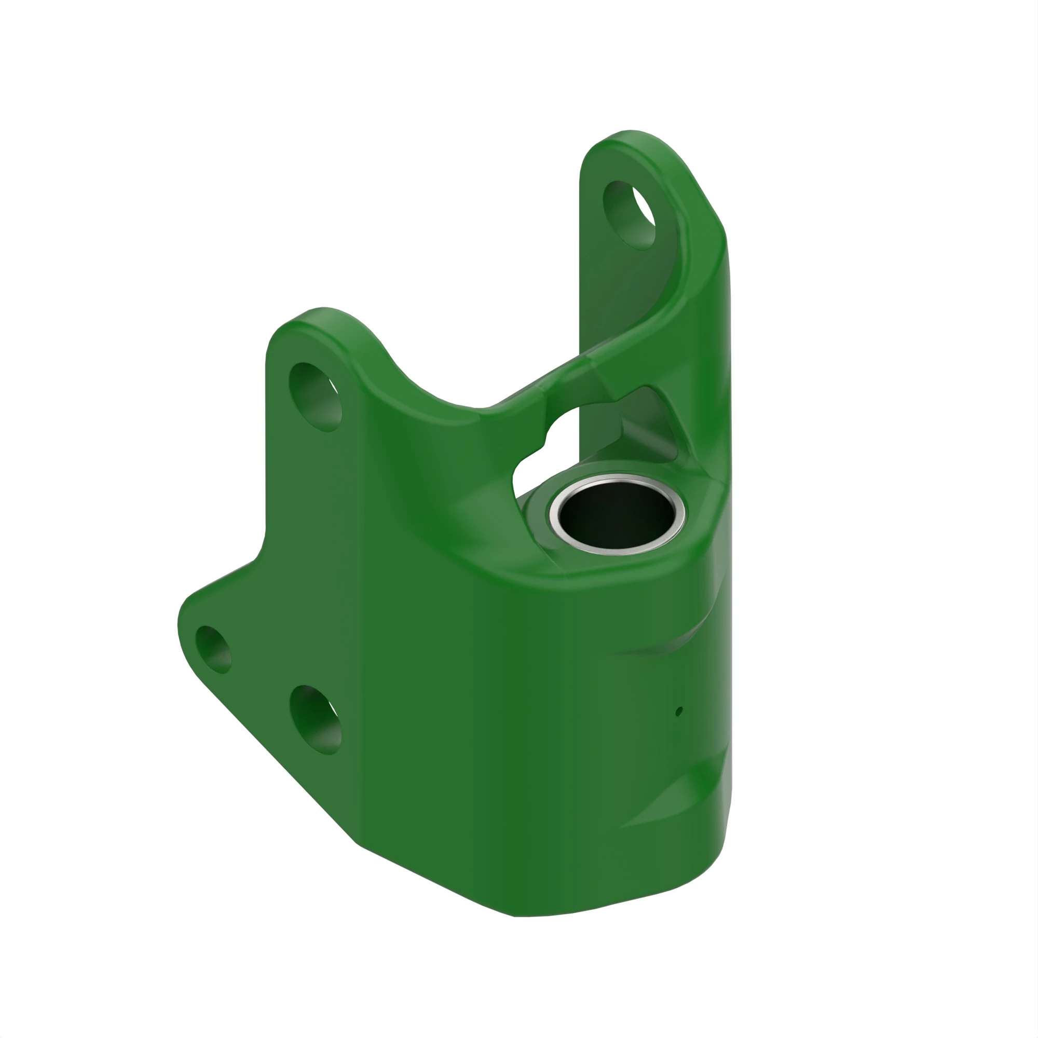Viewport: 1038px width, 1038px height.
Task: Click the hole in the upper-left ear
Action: click(315, 397)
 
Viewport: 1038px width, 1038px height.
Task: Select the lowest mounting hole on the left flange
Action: click(316, 719)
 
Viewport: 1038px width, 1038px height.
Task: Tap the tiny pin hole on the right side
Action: click(679, 712)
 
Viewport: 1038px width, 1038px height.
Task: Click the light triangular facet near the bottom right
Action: click(666, 806)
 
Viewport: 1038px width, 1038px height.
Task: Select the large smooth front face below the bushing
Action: click(510, 726)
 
